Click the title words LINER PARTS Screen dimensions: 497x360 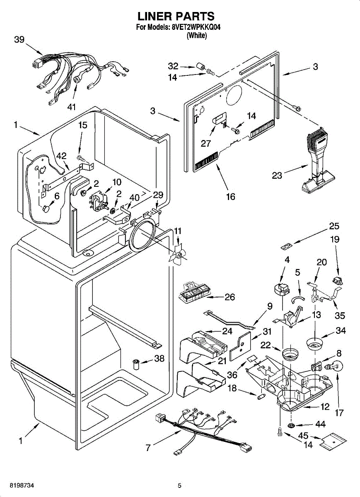click(x=176, y=16)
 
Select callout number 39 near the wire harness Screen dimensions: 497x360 click(x=19, y=40)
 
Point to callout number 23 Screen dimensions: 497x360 click(x=277, y=175)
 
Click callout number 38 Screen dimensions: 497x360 click(x=159, y=359)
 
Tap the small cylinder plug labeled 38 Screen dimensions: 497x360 click(x=136, y=364)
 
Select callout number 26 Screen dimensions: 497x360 click(x=230, y=297)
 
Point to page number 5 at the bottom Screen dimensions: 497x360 click(x=179, y=485)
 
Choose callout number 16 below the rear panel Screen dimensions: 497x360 click(x=230, y=196)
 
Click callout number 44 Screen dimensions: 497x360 click(x=320, y=424)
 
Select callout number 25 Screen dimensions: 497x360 click(x=334, y=226)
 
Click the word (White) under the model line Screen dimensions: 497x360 click(x=196, y=36)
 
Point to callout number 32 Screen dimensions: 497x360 click(x=173, y=65)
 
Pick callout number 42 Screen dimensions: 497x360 click(x=61, y=156)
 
